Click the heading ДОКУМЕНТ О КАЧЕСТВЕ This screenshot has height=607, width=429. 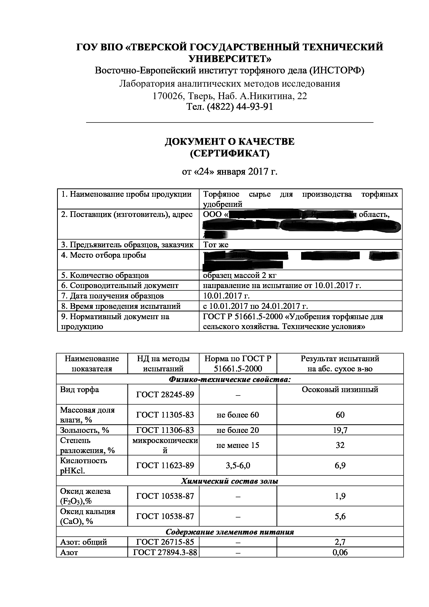[x=229, y=142]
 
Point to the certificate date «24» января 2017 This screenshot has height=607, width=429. [x=229, y=172]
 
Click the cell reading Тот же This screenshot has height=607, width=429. [x=216, y=245]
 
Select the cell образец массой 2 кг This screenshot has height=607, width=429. [x=239, y=276]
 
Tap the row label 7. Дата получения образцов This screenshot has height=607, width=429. [x=113, y=296]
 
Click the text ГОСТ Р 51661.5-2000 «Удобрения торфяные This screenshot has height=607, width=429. [x=293, y=316]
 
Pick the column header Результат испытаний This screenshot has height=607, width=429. [x=340, y=359]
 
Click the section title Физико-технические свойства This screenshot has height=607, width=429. [x=230, y=380]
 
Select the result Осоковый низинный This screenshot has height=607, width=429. [x=340, y=390]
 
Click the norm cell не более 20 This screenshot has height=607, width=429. [x=238, y=430]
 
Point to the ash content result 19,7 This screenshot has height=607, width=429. [x=340, y=430]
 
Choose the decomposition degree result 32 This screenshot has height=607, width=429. [x=340, y=446]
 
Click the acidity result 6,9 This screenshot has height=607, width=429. [x=340, y=466]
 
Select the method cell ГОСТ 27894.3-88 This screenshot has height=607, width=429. [x=165, y=553]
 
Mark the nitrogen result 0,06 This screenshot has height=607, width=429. [x=340, y=553]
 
